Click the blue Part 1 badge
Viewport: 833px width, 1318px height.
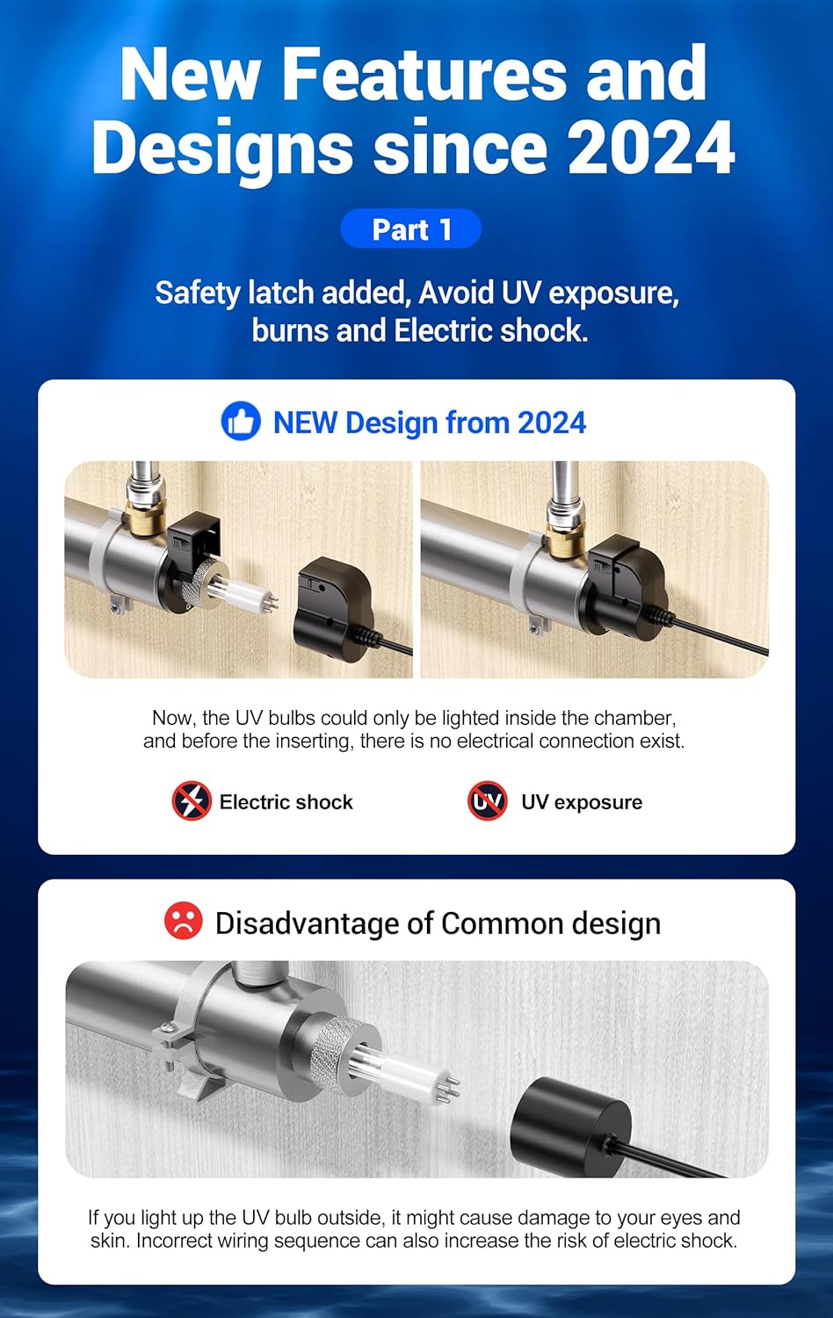click(410, 228)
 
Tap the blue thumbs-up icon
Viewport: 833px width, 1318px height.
click(241, 421)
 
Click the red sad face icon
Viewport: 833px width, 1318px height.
click(183, 920)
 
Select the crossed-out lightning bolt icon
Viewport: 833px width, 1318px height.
click(192, 800)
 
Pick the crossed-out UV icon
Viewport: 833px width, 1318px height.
click(487, 800)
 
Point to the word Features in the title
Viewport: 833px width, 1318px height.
click(423, 74)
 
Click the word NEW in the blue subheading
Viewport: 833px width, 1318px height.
click(305, 423)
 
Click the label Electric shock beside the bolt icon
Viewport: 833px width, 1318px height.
click(286, 802)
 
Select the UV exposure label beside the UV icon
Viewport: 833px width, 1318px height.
click(581, 802)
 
